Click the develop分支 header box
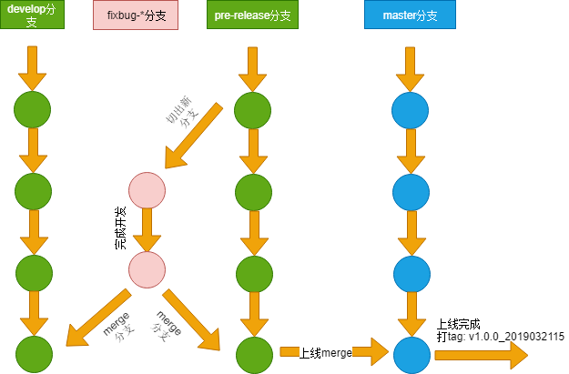32,15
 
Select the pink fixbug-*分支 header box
136,15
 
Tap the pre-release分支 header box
252,15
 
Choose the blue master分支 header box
410,15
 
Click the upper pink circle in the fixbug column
147,190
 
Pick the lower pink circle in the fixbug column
147,270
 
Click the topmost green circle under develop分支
32,109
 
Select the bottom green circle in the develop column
34,354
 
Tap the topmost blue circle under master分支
410,110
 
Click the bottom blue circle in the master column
412,355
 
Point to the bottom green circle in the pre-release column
254,355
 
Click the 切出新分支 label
182,112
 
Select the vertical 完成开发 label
120,227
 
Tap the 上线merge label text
326,352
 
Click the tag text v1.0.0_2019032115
516,337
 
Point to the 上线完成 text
458,324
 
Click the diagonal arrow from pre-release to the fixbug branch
194,136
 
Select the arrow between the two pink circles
147,230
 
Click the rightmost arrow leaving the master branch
482,355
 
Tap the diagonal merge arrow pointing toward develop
98,318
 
